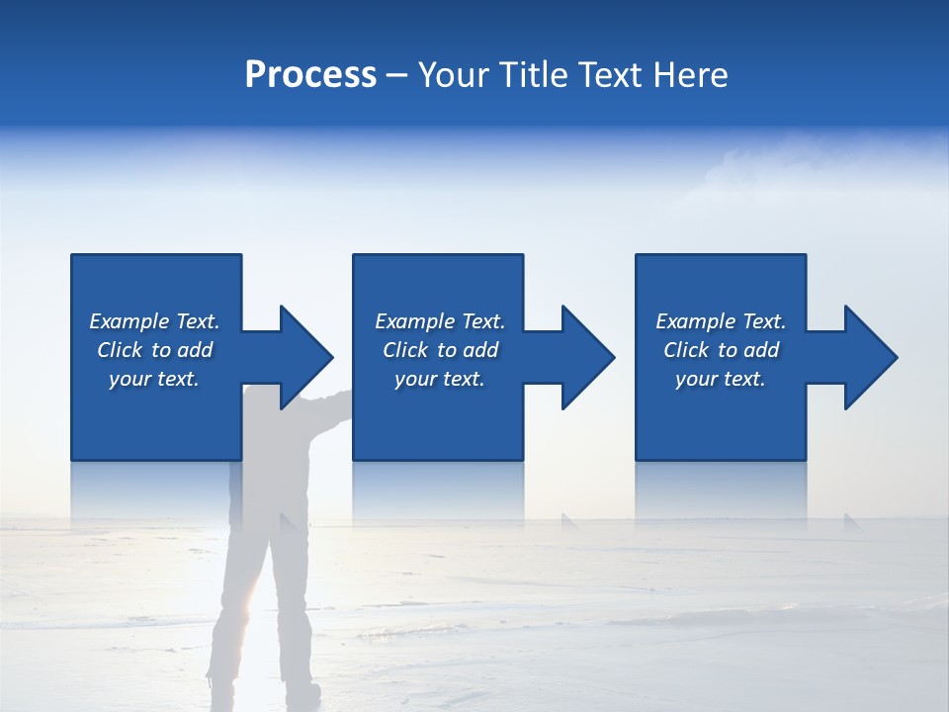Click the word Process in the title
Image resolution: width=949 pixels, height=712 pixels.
tap(310, 75)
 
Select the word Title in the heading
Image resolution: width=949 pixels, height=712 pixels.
tap(535, 75)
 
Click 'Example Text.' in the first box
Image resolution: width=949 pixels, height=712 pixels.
tap(154, 321)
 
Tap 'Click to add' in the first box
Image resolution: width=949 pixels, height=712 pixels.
tap(154, 350)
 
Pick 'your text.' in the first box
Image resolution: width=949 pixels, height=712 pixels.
tap(154, 379)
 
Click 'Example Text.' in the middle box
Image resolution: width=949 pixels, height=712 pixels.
tap(440, 321)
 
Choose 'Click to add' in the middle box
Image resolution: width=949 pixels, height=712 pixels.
tap(440, 350)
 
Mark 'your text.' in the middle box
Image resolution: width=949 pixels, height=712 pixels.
tap(440, 379)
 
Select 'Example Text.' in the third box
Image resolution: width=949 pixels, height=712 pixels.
tap(721, 321)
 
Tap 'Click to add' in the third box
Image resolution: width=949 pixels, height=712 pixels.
tap(721, 350)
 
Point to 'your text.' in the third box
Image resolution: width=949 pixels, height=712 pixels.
tap(721, 379)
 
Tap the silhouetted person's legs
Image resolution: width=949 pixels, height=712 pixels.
tap(252, 603)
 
